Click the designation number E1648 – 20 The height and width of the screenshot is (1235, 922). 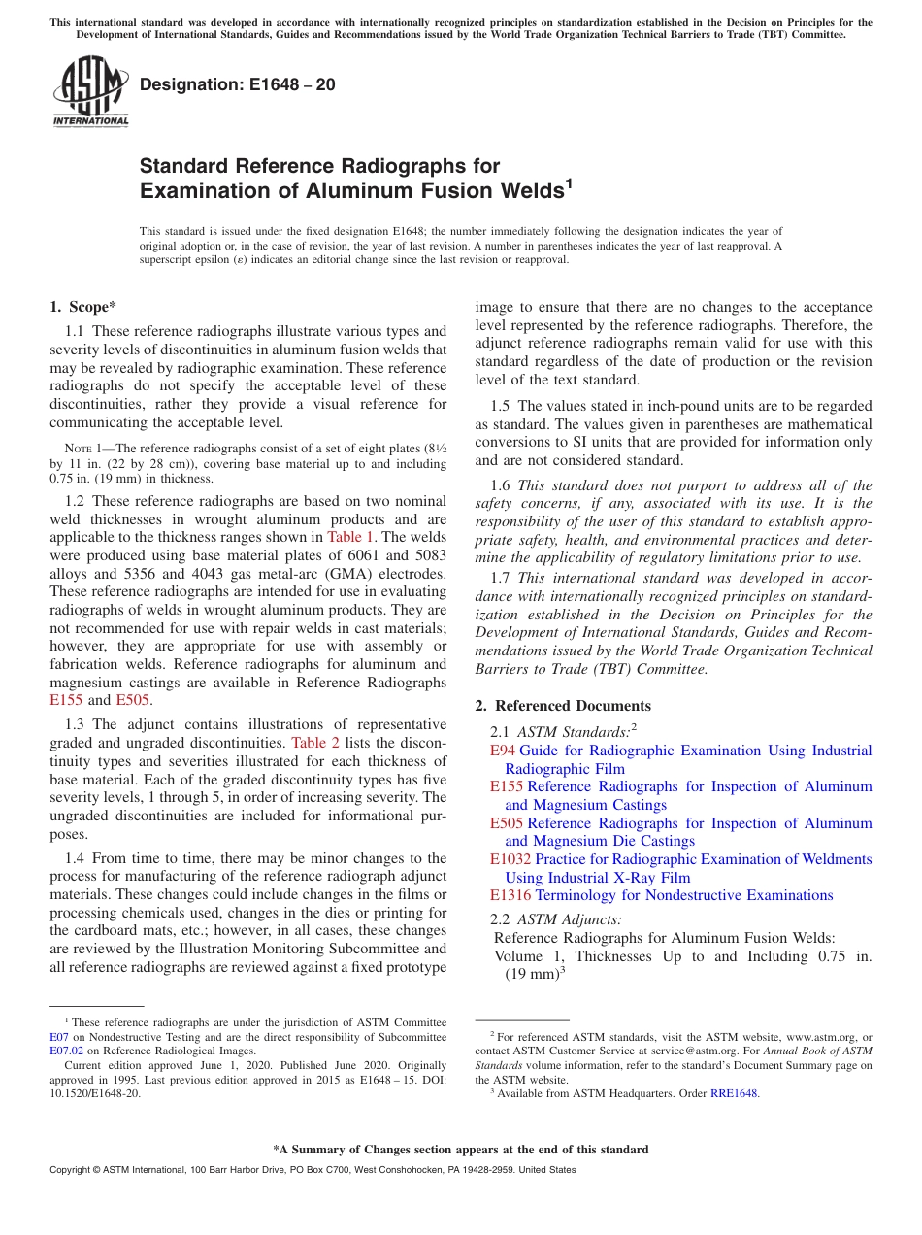[x=238, y=84]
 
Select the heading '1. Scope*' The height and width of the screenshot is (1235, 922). [x=83, y=307]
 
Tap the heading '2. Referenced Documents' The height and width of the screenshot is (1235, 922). [x=563, y=706]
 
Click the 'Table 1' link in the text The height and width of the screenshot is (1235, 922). [x=345, y=537]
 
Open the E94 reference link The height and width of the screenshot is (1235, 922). [x=502, y=751]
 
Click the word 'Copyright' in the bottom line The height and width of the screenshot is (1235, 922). [x=74, y=1170]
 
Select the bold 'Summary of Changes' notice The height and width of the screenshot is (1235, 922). [x=460, y=1150]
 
